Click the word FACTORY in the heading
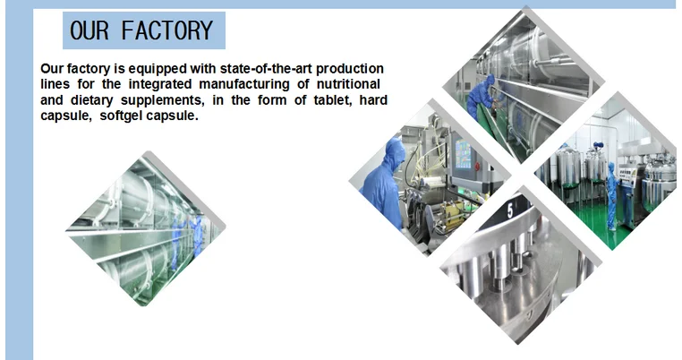coord(167,30)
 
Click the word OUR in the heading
coord(90,30)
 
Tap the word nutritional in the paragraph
coord(348,84)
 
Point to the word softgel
coord(122,116)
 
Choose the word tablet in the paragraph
coord(334,100)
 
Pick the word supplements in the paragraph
coord(162,101)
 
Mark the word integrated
coord(160,84)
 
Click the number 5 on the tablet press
coord(510,211)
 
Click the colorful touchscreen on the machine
coord(463,154)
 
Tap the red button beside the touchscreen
coord(478,166)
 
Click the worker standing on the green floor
coord(611,196)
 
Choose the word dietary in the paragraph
coord(91,101)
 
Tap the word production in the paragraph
coord(350,69)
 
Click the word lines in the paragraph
coord(55,84)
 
